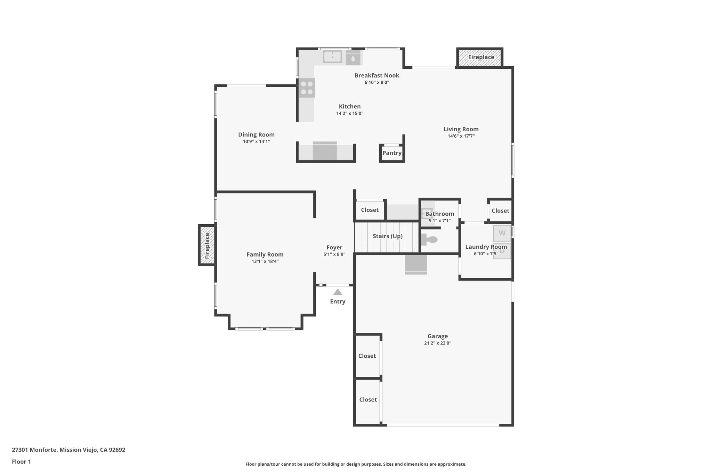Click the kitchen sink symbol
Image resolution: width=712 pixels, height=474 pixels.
click(332, 56)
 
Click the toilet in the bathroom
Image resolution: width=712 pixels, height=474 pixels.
click(430, 240)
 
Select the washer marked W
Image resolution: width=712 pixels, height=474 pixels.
click(502, 233)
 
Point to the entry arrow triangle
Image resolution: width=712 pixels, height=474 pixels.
click(338, 292)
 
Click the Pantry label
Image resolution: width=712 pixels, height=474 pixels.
click(392, 153)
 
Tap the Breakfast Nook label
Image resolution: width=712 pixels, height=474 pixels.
click(377, 75)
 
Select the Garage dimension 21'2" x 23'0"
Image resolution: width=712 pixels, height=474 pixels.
click(437, 343)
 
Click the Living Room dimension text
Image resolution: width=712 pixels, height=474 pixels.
click(461, 136)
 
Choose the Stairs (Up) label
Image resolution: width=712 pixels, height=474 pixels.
click(387, 236)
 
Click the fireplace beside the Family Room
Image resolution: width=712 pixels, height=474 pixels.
click(207, 245)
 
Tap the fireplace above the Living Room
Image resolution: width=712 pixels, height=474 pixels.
click(480, 57)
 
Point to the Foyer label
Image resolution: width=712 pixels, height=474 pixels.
click(334, 248)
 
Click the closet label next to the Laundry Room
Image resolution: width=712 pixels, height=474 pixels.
click(500, 211)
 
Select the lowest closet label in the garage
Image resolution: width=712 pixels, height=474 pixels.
click(368, 400)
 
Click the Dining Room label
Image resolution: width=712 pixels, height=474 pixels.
click(256, 135)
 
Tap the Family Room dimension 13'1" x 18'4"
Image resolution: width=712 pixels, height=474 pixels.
click(265, 261)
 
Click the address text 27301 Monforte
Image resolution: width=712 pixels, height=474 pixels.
click(68, 450)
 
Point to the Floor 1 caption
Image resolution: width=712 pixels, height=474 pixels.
click(21, 462)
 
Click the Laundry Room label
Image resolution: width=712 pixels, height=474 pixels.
click(486, 247)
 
